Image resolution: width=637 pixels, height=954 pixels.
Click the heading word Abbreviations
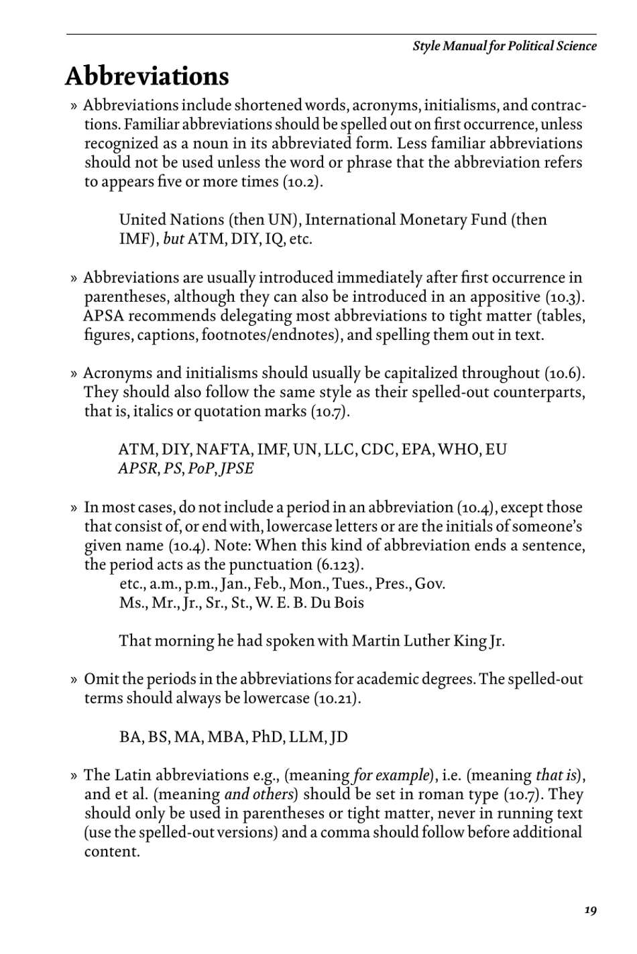(x=147, y=76)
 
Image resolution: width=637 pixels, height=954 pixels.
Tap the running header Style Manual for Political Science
(x=504, y=46)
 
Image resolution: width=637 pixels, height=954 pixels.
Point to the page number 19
(x=589, y=910)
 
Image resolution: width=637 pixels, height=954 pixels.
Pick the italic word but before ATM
(x=174, y=239)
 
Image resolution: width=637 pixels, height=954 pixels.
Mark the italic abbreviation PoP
(x=200, y=469)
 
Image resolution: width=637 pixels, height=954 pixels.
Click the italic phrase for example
(x=390, y=776)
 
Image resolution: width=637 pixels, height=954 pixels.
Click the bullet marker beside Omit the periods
(x=74, y=680)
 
